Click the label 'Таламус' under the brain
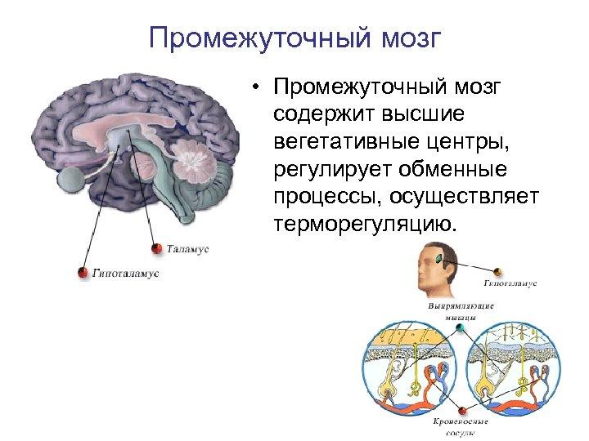[188, 247]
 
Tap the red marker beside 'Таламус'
[156, 247]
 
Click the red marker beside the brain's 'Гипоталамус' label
[81, 273]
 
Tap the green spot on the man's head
[439, 259]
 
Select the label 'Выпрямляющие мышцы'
[461, 310]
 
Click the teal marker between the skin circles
[461, 327]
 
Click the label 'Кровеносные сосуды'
[461, 426]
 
